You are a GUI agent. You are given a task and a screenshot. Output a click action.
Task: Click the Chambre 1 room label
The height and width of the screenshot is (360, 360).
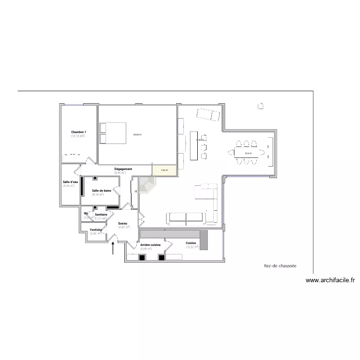(78, 132)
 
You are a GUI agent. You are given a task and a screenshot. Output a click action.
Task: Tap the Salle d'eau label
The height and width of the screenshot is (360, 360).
(70, 182)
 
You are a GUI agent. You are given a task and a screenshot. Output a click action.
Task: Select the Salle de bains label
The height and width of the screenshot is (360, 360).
(102, 191)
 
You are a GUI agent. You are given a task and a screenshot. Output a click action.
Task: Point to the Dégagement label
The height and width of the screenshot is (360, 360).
(123, 169)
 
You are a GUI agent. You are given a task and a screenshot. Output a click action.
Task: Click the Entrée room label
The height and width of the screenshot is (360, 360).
(122, 224)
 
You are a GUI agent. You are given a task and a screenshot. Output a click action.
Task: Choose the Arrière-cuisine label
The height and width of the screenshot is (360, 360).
(150, 245)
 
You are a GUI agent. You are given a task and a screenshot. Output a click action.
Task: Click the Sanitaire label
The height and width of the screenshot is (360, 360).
(101, 215)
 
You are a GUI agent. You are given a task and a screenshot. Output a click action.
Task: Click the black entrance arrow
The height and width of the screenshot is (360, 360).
(113, 248)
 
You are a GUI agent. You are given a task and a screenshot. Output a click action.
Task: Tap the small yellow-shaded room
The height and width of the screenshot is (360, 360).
(164, 169)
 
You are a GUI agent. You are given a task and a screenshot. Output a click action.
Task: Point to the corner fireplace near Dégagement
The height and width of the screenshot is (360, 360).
(147, 184)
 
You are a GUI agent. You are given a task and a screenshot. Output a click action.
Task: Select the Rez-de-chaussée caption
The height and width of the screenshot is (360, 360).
(280, 265)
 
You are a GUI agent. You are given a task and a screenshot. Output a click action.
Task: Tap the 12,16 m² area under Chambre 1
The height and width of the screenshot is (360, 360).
(78, 136)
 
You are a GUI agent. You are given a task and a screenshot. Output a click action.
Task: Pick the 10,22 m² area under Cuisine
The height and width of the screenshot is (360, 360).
(192, 247)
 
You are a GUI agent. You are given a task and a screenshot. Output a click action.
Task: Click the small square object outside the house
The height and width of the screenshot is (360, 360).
(261, 105)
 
